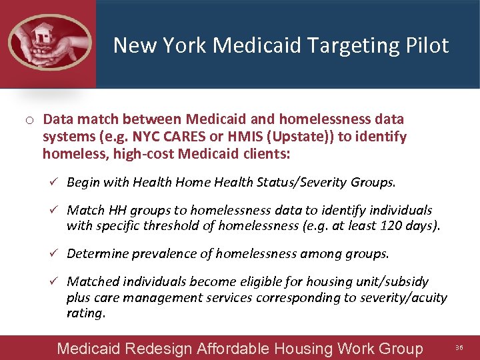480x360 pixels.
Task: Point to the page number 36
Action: [x=459, y=348]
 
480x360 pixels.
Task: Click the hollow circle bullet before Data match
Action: [x=30, y=121]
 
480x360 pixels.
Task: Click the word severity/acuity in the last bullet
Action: [x=404, y=297]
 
